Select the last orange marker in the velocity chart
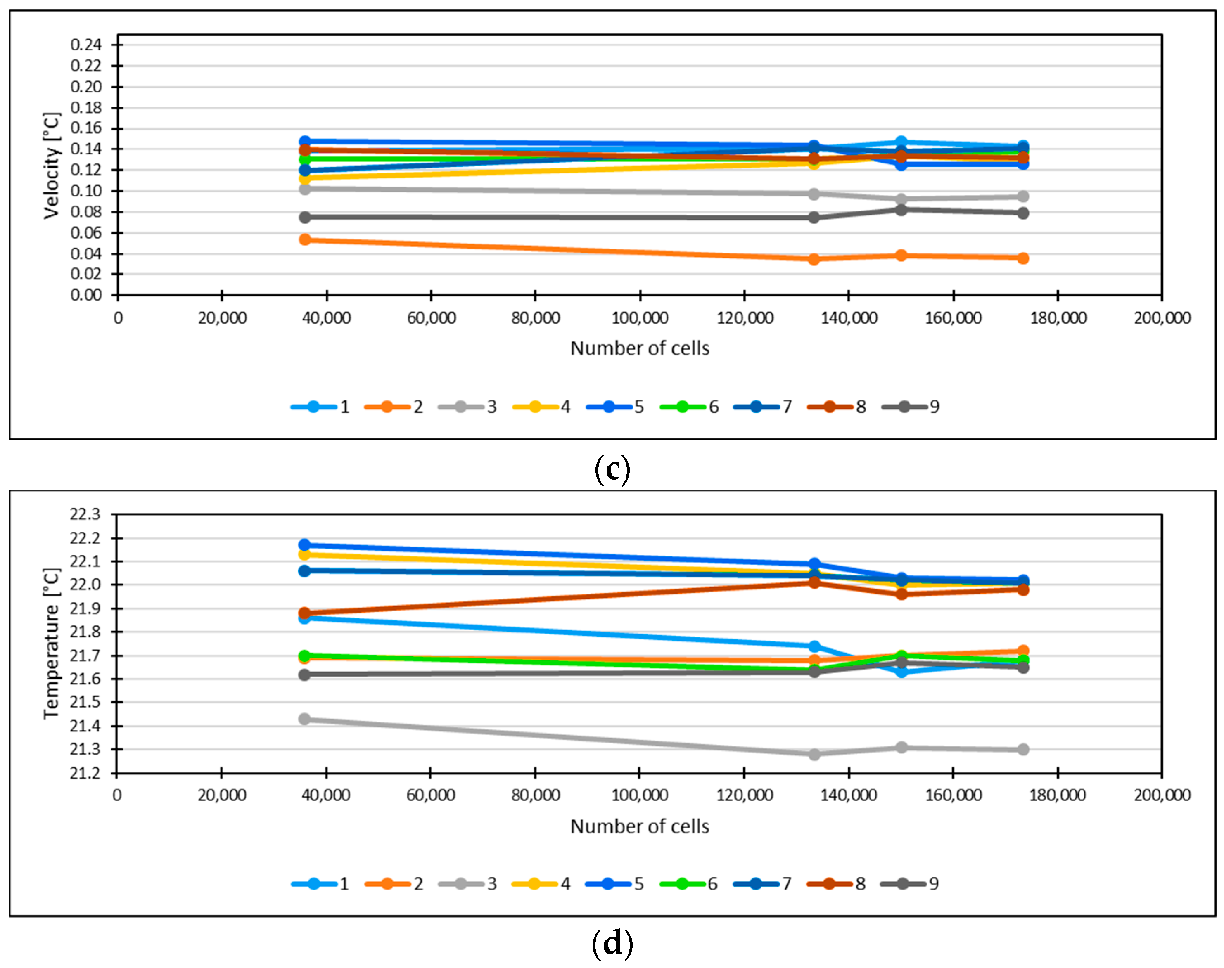(x=1023, y=258)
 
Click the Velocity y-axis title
(x=52, y=166)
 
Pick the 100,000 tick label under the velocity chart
(x=640, y=318)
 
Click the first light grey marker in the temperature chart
(x=304, y=719)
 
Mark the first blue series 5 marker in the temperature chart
(x=304, y=545)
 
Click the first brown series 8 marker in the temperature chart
(x=304, y=613)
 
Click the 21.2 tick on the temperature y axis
(x=85, y=773)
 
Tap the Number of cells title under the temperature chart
(x=640, y=826)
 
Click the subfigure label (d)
(x=612, y=944)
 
